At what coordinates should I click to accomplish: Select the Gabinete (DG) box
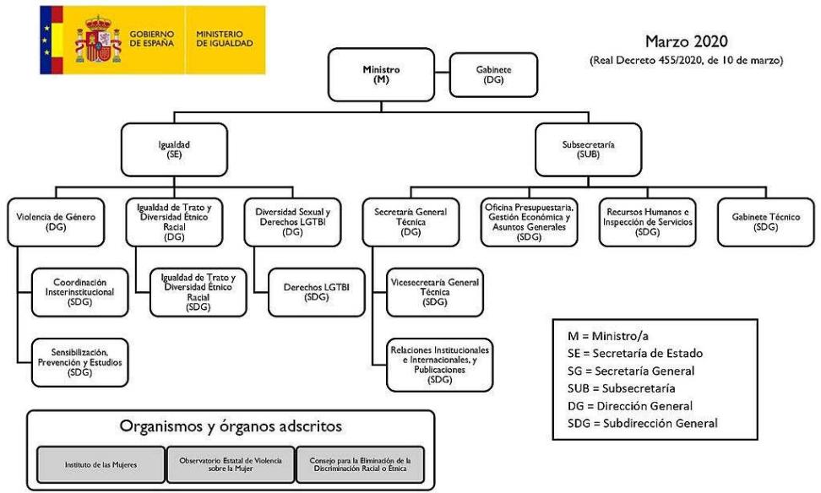(493, 74)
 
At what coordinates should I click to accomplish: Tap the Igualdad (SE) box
(173, 149)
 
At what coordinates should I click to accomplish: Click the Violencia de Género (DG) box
(55, 221)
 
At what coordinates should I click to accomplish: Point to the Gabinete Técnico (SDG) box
(766, 221)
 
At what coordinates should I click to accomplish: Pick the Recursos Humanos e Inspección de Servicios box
(647, 221)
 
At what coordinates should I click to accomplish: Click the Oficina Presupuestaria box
(530, 221)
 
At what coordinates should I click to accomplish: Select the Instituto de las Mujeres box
(101, 463)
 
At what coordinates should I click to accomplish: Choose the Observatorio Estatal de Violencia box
(231, 463)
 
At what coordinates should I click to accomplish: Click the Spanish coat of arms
(98, 40)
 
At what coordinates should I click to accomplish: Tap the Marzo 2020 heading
(686, 41)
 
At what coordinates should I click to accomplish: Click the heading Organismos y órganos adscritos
(231, 426)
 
